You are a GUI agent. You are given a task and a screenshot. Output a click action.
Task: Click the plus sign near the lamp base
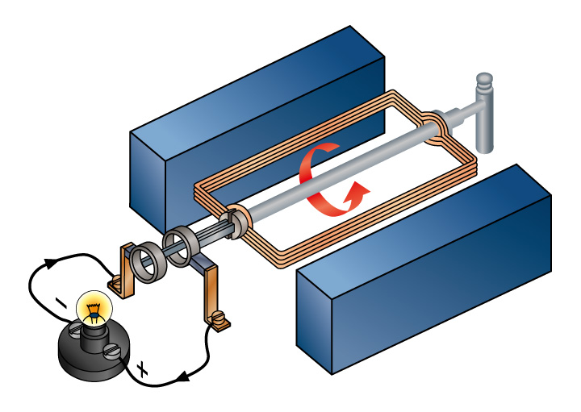tap(143, 371)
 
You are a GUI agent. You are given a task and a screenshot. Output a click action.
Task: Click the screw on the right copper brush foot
tap(218, 324)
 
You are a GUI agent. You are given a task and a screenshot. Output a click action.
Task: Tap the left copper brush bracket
tap(125, 265)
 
